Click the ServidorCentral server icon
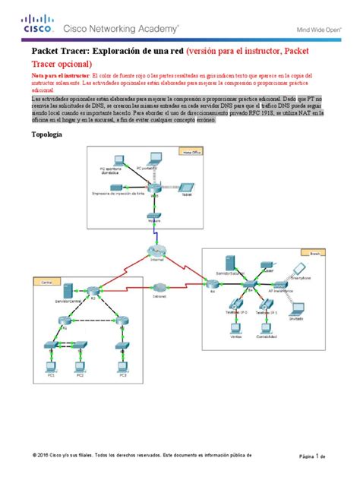click(68, 291)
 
